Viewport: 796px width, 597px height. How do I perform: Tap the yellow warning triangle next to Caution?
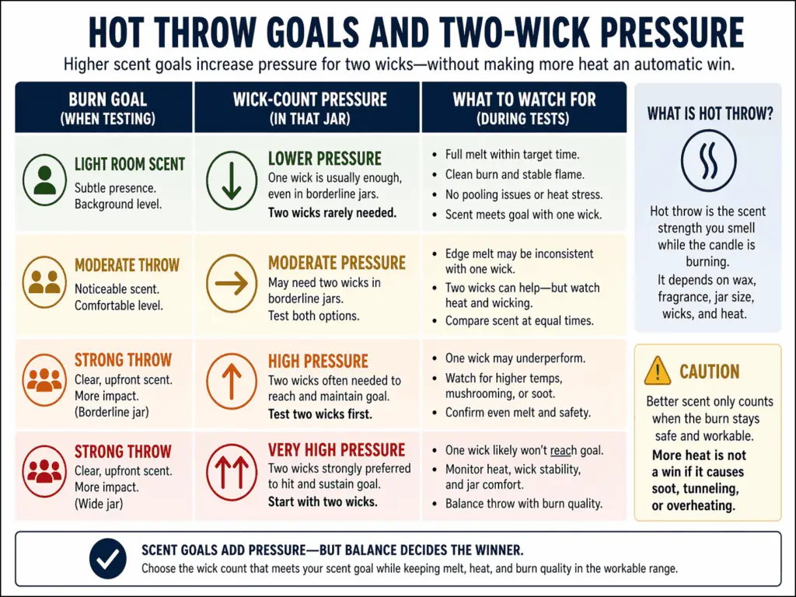pyautogui.click(x=658, y=371)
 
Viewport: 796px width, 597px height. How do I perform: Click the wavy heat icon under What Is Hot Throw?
pyautogui.click(x=708, y=160)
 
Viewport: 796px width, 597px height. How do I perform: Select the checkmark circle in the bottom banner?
pyautogui.click(x=108, y=558)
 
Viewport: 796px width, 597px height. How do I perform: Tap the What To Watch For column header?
pyautogui.click(x=524, y=108)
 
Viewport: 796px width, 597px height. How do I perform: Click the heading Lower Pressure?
pyautogui.click(x=325, y=159)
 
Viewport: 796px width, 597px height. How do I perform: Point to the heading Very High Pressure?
pyautogui.click(x=337, y=450)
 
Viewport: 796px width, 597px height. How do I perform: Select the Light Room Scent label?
pyautogui.click(x=130, y=164)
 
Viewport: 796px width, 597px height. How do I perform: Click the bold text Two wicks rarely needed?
pyautogui.click(x=332, y=212)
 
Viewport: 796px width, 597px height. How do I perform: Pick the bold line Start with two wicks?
pyautogui.click(x=323, y=501)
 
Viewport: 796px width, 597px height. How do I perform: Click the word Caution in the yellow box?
pyautogui.click(x=710, y=372)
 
